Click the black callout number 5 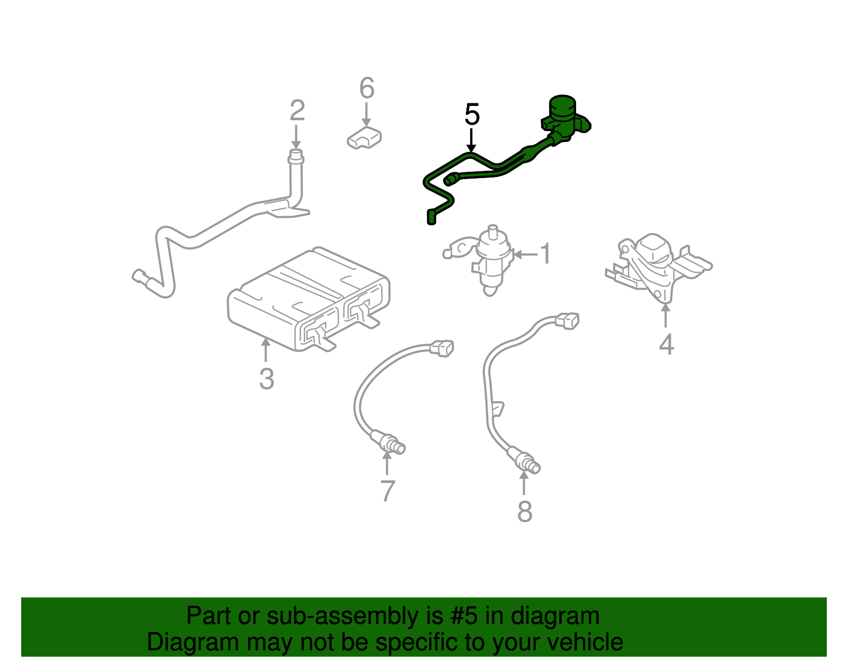[x=472, y=115]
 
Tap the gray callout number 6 [x=367, y=88]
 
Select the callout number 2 [x=297, y=111]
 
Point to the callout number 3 [x=267, y=379]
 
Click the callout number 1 [x=545, y=254]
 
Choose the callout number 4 [x=666, y=345]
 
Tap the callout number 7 [x=388, y=491]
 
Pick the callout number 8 [x=524, y=512]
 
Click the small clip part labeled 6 [x=364, y=138]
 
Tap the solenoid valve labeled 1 [x=490, y=260]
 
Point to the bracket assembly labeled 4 [x=655, y=265]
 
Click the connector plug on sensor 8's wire [x=567, y=321]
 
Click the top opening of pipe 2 [x=296, y=155]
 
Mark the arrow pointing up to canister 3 [x=266, y=350]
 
